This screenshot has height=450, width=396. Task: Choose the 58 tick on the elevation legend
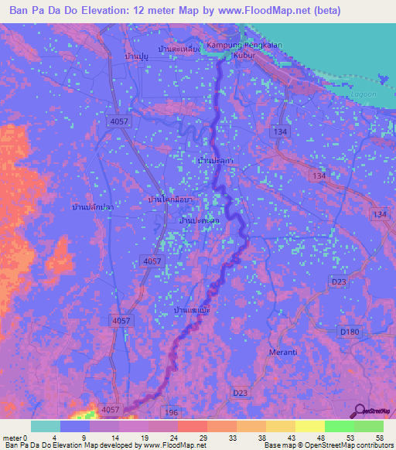pos(379,438)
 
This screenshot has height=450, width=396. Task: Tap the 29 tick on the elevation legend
pos(202,438)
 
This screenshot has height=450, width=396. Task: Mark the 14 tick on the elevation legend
pos(114,438)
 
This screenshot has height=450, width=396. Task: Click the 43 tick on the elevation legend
pos(291,438)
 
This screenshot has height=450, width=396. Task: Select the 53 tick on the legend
pos(350,438)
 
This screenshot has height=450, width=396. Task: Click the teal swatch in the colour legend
pos(46,426)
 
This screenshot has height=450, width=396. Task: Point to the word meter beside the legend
pos(12,438)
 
